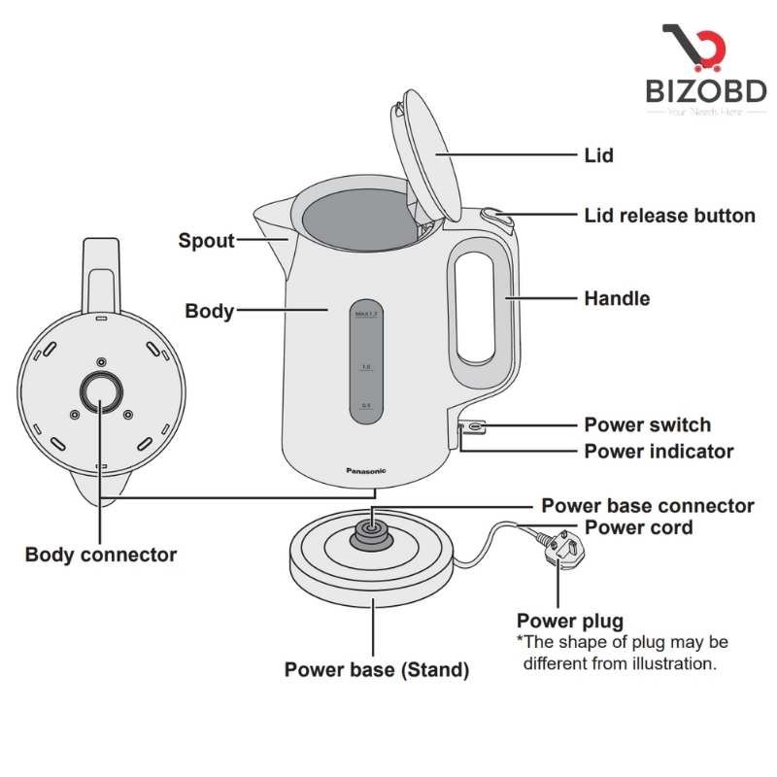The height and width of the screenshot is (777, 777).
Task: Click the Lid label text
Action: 598,155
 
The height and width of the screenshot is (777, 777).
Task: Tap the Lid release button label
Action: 669,216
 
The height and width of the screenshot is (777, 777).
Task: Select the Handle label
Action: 617,298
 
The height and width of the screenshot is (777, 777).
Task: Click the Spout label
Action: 206,240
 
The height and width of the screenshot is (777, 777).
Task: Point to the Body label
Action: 209,312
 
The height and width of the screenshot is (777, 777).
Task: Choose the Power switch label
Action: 647,424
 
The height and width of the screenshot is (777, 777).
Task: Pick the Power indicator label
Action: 659,452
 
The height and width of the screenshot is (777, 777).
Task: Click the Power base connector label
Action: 647,506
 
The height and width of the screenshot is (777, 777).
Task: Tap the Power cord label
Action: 638,528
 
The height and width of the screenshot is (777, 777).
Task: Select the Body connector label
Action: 101,556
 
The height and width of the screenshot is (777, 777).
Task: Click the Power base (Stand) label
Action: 377,670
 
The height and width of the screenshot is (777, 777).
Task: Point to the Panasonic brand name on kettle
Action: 366,470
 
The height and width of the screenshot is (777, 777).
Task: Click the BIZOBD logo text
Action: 706,91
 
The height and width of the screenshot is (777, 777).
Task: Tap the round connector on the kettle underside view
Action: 100,391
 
